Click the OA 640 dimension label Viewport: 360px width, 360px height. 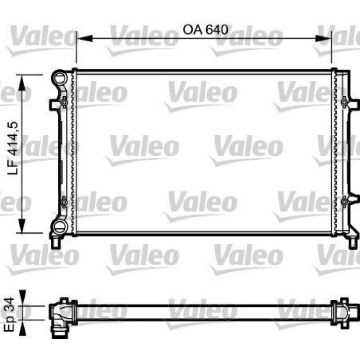(x=205, y=29)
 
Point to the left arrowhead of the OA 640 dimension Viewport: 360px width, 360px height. (x=81, y=38)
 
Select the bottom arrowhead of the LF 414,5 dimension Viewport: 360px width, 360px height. (x=21, y=226)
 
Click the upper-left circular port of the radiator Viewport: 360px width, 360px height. (x=60, y=80)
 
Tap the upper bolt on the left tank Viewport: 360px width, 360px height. (x=64, y=103)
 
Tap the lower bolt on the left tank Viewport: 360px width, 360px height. (x=64, y=203)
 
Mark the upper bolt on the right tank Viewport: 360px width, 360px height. (x=344, y=103)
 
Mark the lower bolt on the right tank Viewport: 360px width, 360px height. (x=344, y=202)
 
